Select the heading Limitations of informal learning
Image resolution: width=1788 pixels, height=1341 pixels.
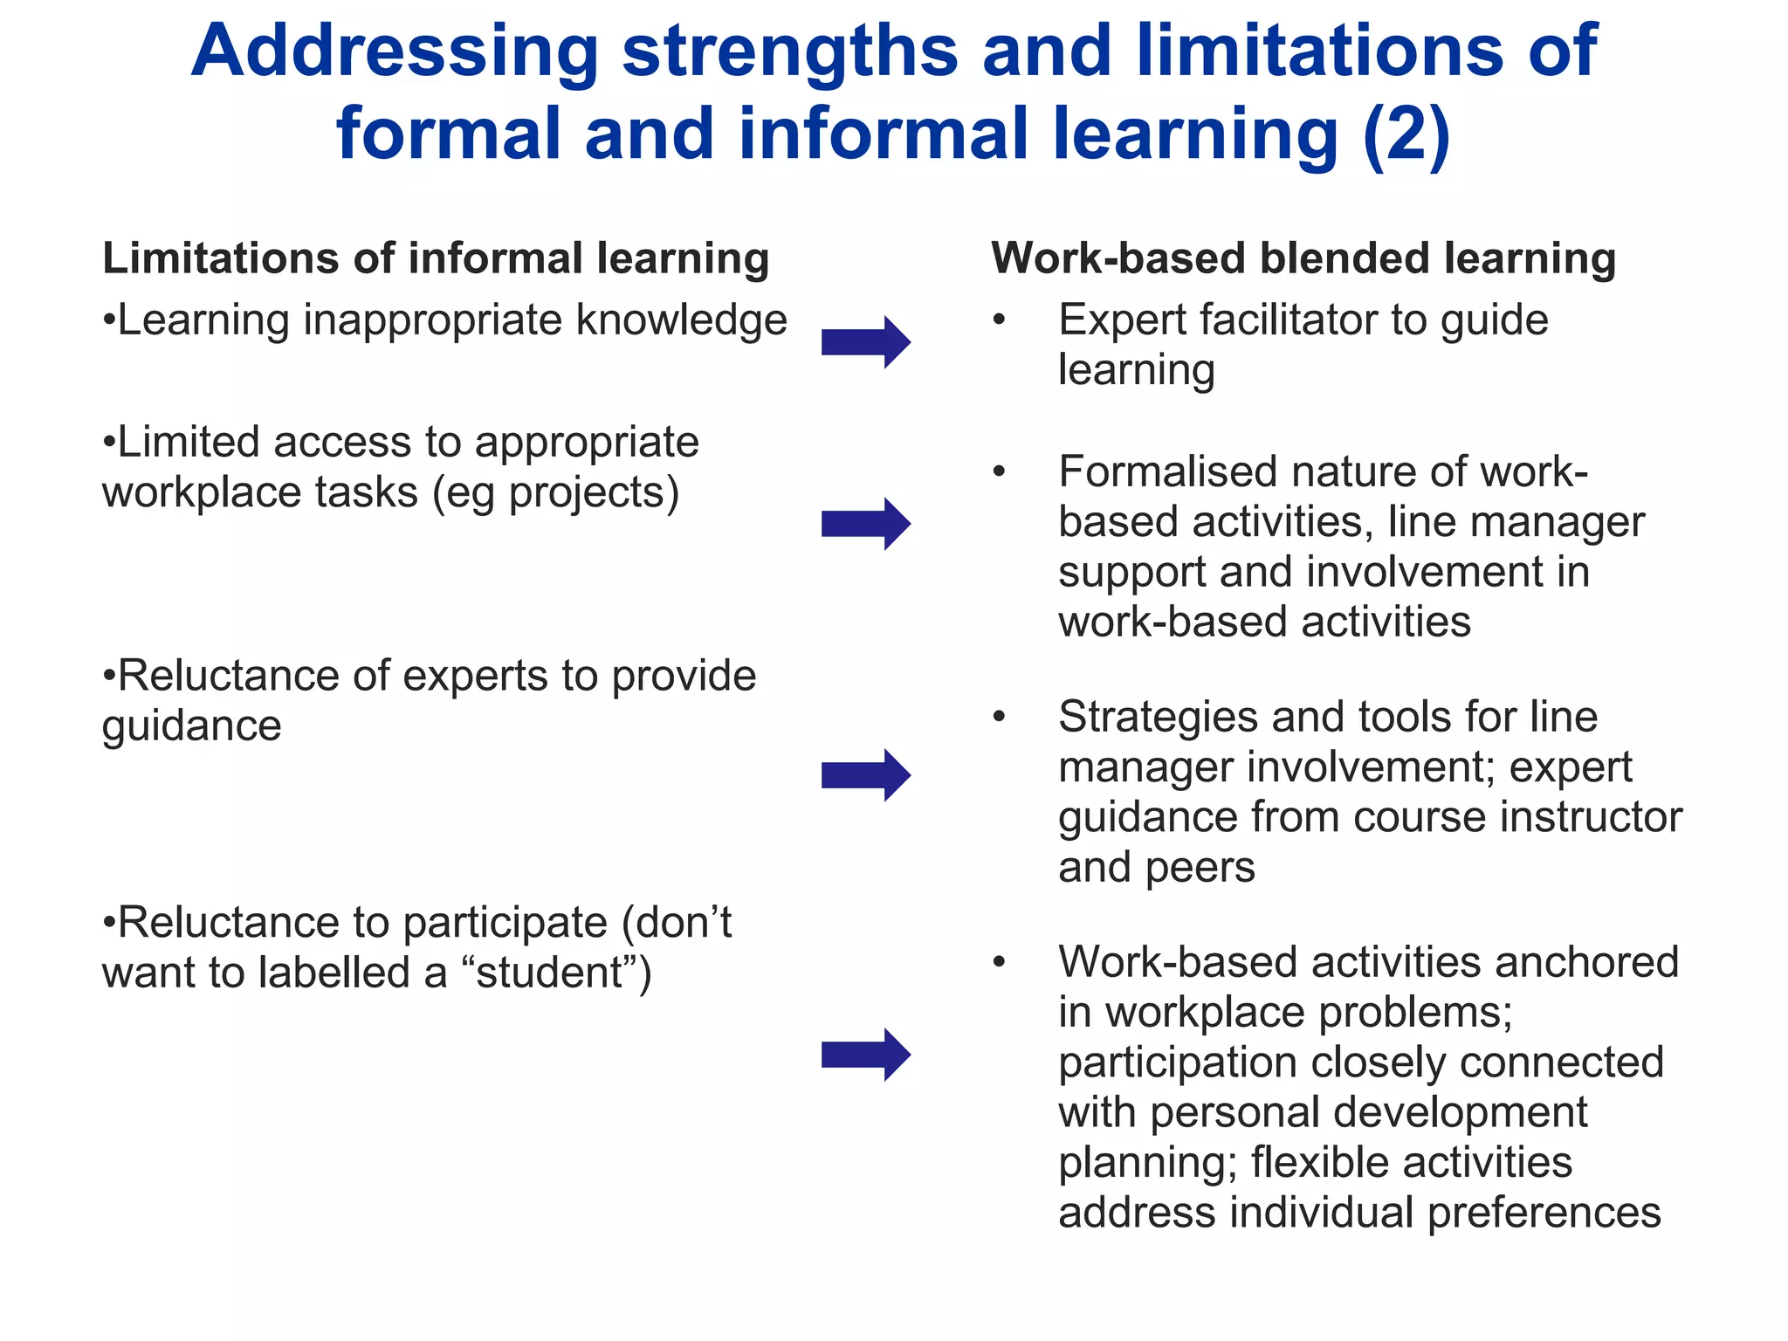436,258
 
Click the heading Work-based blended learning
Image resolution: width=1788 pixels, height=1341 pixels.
1303,258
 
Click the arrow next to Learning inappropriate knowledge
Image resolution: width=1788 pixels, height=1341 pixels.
865,342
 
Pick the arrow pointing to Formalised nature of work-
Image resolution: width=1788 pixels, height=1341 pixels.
865,524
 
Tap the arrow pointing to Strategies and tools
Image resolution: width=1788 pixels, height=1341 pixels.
865,775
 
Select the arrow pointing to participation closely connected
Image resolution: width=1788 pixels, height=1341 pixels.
865,1055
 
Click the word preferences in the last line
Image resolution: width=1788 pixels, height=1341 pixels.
1544,1214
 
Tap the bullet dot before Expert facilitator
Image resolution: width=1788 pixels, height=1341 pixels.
1000,320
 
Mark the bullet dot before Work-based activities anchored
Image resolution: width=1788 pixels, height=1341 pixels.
1000,963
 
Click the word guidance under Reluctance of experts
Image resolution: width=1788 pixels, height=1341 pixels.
192,726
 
